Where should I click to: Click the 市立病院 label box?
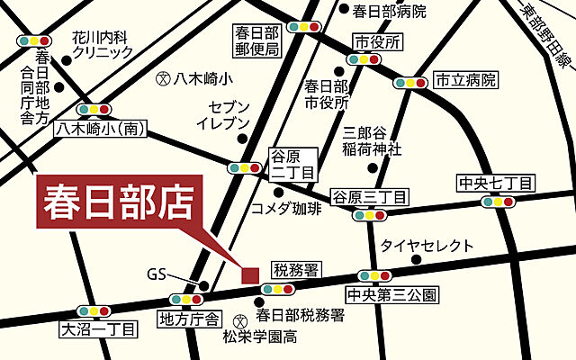click(465, 80)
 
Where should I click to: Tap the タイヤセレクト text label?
click(426, 245)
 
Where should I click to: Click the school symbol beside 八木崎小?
click(163, 78)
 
